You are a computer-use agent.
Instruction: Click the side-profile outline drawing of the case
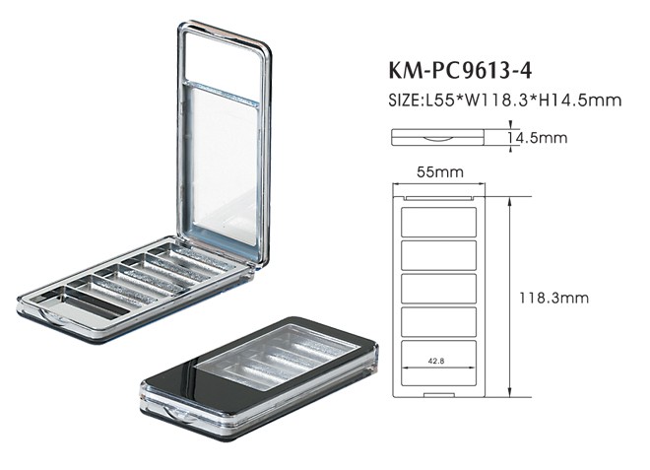pyautogui.click(x=438, y=138)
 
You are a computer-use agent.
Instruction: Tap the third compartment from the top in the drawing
pyautogui.click(x=439, y=288)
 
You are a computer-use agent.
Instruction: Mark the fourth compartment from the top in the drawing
pyautogui.click(x=439, y=321)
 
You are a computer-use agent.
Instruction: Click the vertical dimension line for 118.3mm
pyautogui.click(x=509, y=296)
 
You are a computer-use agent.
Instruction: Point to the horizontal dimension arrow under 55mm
pyautogui.click(x=439, y=184)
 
